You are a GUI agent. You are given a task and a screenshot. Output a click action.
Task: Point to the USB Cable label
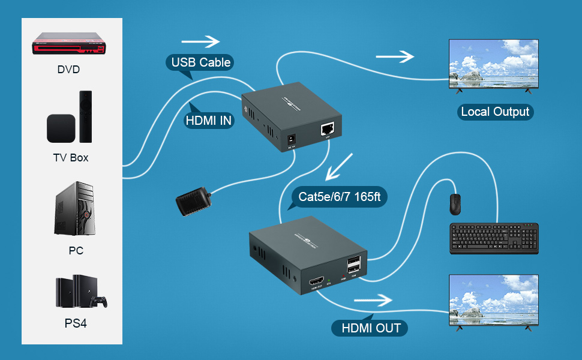(201, 62)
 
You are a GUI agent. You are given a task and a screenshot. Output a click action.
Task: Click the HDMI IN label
(209, 120)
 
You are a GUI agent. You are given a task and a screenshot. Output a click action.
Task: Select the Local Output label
(494, 112)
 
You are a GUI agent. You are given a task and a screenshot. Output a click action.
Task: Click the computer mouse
(455, 205)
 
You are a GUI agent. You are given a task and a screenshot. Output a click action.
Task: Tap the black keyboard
(494, 238)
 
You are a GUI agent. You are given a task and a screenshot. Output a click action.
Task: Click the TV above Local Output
(494, 65)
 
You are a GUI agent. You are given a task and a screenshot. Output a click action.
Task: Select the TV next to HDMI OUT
(494, 300)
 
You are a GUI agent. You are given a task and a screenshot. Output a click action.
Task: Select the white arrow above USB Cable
(201, 41)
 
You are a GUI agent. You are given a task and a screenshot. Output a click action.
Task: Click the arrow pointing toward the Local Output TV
(395, 56)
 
